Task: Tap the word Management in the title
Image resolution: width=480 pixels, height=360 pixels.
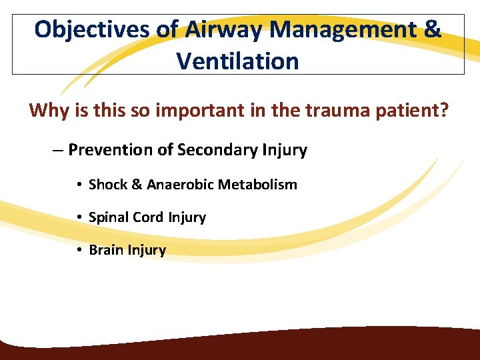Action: tap(347, 30)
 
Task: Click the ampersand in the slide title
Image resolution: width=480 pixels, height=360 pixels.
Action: tap(432, 30)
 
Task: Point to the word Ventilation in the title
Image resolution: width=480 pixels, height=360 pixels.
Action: tap(238, 61)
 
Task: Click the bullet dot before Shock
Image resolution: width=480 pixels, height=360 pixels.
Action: tap(79, 185)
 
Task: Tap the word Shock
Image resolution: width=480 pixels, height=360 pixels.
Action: tap(108, 185)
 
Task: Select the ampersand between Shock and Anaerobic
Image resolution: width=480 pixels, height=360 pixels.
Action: tap(137, 185)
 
